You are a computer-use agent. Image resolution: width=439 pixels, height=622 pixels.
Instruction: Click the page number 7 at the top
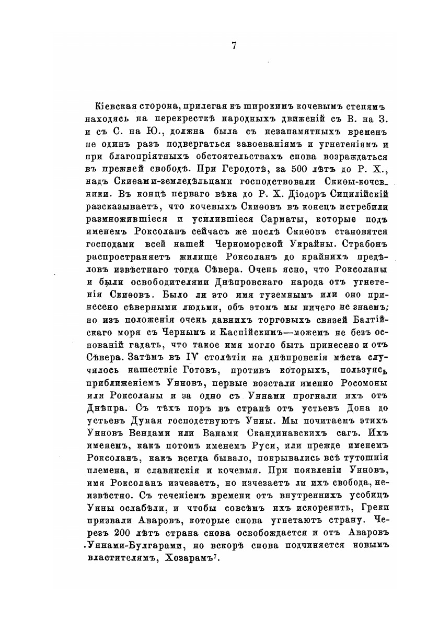[234, 45]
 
